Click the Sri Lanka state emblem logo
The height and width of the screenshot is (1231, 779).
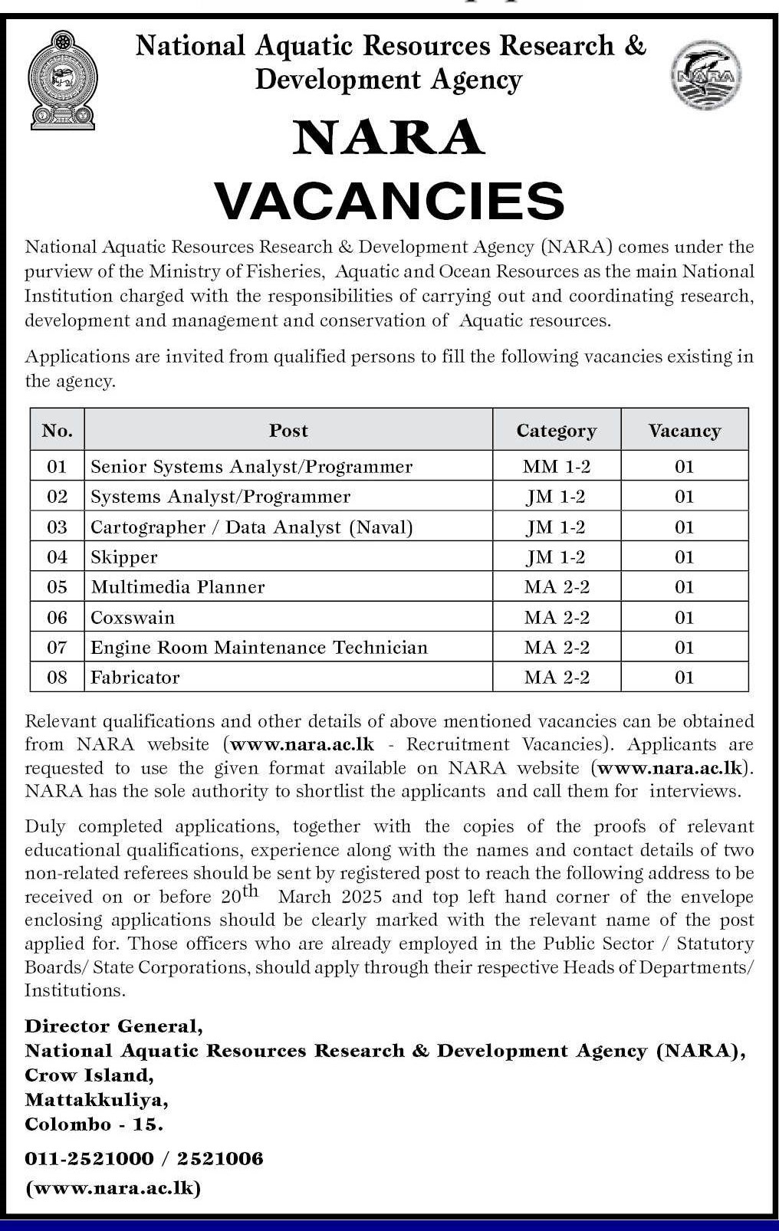point(63,79)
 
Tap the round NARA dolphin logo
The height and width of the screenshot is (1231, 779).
point(706,75)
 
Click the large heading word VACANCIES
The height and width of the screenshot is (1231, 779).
point(389,200)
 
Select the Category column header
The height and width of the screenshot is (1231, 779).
point(556,431)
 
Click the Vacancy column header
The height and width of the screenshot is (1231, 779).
point(684,431)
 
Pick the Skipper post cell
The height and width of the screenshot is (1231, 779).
point(124,557)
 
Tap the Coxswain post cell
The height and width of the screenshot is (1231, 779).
point(133,617)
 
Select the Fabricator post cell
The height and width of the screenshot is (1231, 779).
point(135,678)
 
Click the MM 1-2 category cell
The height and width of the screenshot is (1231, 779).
point(557,466)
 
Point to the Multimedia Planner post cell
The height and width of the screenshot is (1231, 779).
point(178,587)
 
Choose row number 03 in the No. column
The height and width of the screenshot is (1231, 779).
point(58,527)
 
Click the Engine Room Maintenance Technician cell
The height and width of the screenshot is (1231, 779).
point(259,648)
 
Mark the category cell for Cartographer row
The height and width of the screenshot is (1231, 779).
point(557,527)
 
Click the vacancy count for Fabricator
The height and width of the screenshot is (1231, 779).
point(684,678)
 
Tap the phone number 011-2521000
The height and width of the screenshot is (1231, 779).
point(89,1158)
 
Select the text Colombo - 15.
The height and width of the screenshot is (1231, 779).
point(94,1124)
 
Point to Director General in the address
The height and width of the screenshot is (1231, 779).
point(113,1026)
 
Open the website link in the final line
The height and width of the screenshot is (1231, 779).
point(113,1188)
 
